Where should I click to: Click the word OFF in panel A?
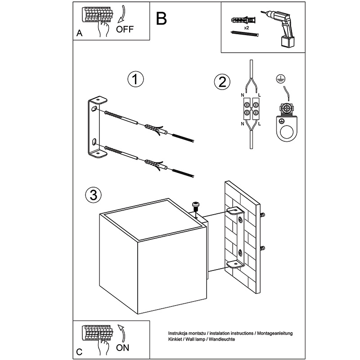pyautogui.click(x=125, y=29)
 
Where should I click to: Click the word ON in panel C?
pyautogui.click(x=122, y=347)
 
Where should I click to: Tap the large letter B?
pyautogui.click(x=161, y=18)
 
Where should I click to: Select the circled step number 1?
pyautogui.click(x=135, y=79)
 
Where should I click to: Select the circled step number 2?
pyautogui.click(x=222, y=82)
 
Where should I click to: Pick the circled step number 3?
pyautogui.click(x=94, y=195)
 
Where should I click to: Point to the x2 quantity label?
pyautogui.click(x=246, y=28)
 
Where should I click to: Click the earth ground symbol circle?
pyautogui.click(x=279, y=78)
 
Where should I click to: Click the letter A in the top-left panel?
pyautogui.click(x=79, y=33)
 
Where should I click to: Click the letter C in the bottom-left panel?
pyautogui.click(x=79, y=352)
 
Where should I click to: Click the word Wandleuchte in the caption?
pyautogui.click(x=222, y=339)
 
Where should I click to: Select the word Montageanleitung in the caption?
pyautogui.click(x=275, y=333)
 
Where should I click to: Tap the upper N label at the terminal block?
pyautogui.click(x=243, y=95)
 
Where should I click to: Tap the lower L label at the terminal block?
pyautogui.click(x=260, y=124)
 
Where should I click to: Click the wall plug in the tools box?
pyautogui.click(x=243, y=20)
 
